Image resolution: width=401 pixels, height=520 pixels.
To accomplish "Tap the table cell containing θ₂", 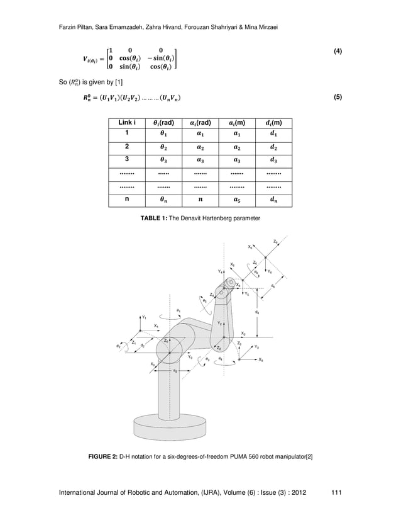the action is click(165, 147).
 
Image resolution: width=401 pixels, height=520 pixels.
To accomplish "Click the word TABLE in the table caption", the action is click(151, 217).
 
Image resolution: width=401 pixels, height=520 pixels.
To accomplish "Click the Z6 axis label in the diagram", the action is click(277, 240).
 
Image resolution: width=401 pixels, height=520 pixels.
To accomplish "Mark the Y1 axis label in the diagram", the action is click(145, 317).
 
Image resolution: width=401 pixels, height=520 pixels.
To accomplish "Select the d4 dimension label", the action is click(259, 310).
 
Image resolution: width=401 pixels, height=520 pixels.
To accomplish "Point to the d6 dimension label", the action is click(272, 285).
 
